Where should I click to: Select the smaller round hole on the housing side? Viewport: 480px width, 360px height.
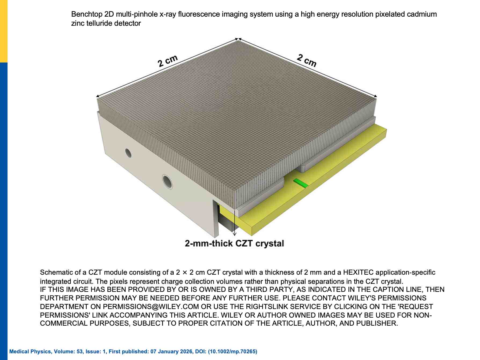click(x=128, y=153)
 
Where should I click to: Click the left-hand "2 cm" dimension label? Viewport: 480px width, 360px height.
click(x=168, y=61)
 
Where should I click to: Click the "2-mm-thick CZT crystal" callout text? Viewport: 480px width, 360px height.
click(x=234, y=244)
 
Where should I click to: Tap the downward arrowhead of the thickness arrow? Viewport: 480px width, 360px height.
click(x=235, y=234)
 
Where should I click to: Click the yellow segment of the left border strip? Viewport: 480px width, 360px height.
click(x=4, y=31)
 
